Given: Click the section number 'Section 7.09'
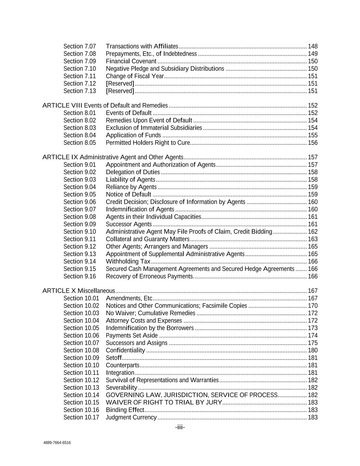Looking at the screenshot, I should (x=80, y=61).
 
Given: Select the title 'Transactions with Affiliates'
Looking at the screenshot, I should (x=142, y=46).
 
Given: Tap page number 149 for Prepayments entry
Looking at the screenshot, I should (x=313, y=54).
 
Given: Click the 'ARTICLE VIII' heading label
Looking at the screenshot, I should (x=62, y=105).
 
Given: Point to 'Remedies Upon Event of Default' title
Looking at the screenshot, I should (x=149, y=120).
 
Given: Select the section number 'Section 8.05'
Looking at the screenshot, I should (x=80, y=143).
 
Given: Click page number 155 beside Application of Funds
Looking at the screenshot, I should (x=313, y=135).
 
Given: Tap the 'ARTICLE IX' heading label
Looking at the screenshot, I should (x=60, y=157).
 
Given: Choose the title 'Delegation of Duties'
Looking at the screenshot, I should (x=133, y=172).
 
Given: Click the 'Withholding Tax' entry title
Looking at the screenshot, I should (x=128, y=262).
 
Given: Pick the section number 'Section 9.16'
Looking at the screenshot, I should (x=80, y=276).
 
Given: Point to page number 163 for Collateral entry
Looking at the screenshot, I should (x=313, y=239).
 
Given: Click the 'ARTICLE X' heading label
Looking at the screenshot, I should (x=59, y=291).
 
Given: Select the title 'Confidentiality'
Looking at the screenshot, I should (x=126, y=350).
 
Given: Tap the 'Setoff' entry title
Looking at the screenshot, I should (x=114, y=358).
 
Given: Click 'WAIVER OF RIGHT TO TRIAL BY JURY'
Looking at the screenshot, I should (x=164, y=403).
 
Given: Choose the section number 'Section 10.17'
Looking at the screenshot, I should (x=81, y=417).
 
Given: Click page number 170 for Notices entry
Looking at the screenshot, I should (x=313, y=306).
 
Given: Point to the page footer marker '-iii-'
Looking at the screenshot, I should (x=180, y=427).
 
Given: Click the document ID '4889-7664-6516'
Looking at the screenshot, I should (x=57, y=443).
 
